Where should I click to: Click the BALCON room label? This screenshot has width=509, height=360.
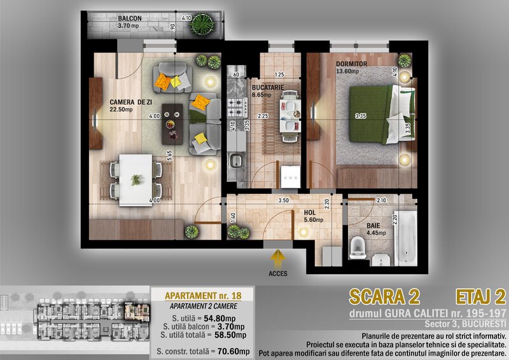tap(130, 18)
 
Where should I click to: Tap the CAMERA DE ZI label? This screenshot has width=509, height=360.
tap(131, 102)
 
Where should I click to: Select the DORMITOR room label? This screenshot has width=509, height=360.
tap(351, 64)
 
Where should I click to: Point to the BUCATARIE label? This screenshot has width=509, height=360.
tap(268, 87)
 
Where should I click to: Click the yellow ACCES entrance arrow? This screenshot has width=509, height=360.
tap(277, 258)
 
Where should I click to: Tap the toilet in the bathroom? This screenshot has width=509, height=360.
tap(358, 247)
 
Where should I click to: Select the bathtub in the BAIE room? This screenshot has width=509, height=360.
tap(406, 238)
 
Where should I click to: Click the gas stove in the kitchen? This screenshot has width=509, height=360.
tap(237, 107)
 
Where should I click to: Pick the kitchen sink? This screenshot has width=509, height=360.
tap(235, 161)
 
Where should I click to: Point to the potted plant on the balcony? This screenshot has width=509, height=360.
tap(202, 24)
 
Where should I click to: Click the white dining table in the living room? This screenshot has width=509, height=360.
tap(136, 180)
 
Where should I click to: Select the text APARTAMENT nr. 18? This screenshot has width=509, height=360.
tap(203, 296)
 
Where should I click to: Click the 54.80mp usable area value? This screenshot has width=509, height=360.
tap(220, 319)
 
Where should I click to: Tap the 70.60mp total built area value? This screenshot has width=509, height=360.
tap(234, 351)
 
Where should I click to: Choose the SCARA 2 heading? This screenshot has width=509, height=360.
tap(384, 296)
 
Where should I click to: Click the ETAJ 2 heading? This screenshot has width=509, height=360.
tap(481, 296)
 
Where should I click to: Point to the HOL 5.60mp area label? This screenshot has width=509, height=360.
tap(313, 216)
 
